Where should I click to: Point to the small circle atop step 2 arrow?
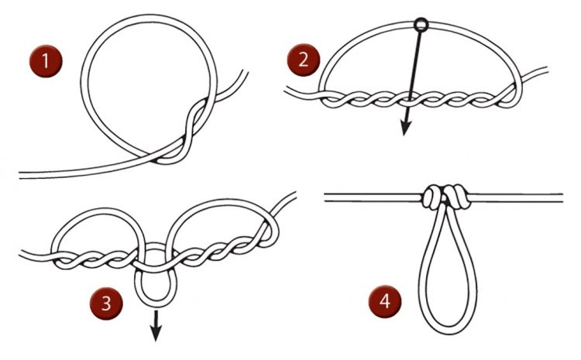(x=421, y=25)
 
